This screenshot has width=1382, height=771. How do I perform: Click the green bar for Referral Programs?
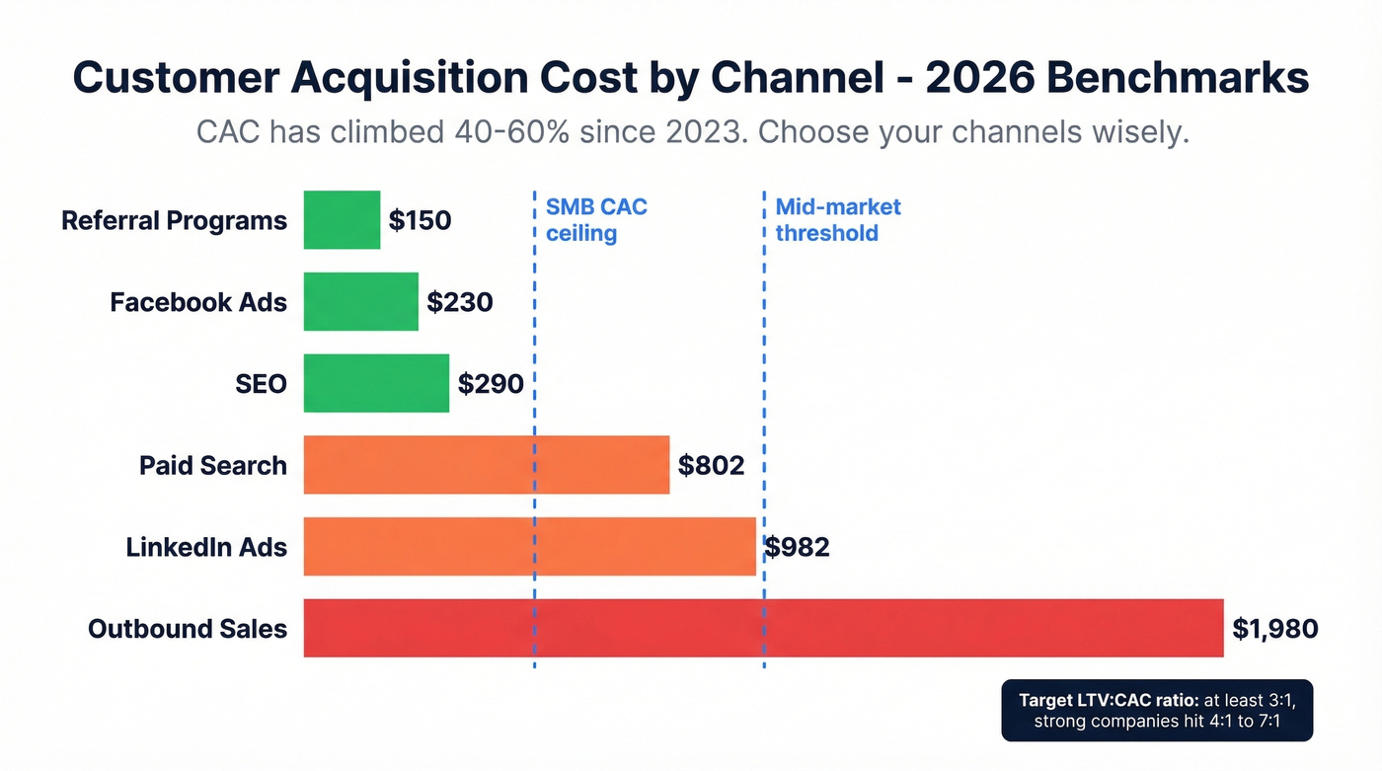tap(342, 220)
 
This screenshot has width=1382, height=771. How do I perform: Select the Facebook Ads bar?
tap(360, 301)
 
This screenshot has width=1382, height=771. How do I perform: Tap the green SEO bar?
tap(376, 383)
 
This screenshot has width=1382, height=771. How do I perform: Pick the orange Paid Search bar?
tap(486, 464)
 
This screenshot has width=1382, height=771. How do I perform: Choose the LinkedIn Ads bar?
tap(529, 546)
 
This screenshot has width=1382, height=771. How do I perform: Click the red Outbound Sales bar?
tap(763, 628)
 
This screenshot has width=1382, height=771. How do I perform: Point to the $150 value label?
tap(420, 220)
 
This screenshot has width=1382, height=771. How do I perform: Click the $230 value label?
tap(459, 302)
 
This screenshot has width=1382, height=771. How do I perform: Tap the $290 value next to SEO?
tap(491, 383)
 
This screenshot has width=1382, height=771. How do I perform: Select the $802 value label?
tap(711, 465)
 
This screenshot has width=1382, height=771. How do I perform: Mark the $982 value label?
tap(797, 547)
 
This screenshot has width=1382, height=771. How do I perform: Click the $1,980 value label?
tap(1274, 629)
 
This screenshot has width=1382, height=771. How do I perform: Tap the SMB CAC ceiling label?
tap(596, 220)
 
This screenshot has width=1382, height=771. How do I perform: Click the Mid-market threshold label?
tap(838, 220)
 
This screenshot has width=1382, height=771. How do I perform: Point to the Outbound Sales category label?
tap(188, 629)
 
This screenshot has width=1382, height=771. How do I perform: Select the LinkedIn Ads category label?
tap(206, 547)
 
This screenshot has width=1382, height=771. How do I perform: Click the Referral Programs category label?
tap(174, 220)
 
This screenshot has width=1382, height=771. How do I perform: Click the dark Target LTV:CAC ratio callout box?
tap(1157, 710)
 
